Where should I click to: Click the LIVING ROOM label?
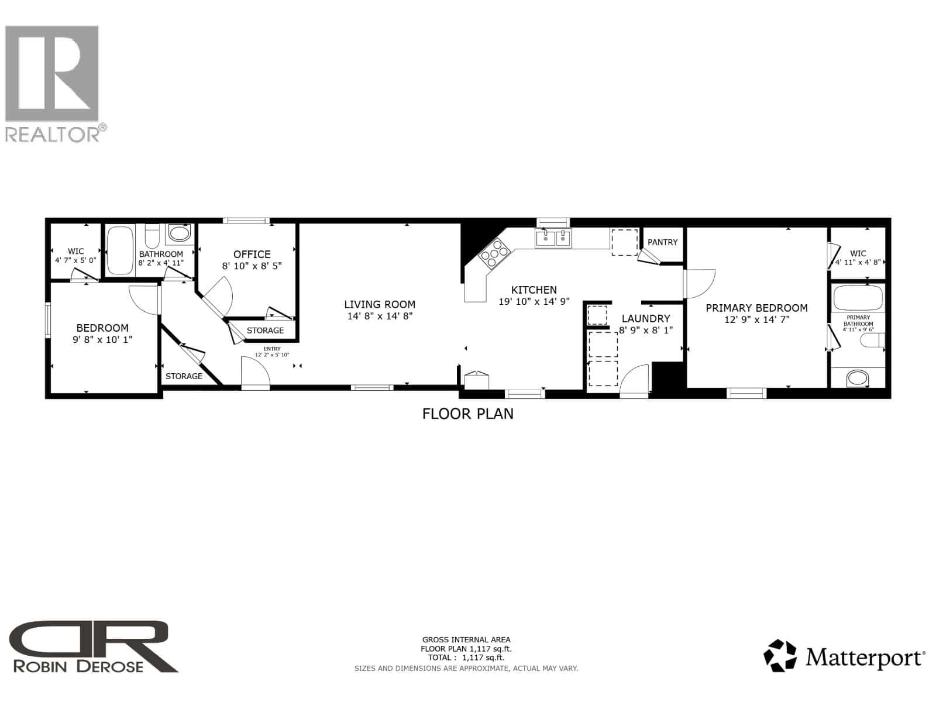[x=380, y=304]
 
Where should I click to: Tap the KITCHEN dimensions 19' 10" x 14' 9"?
[x=534, y=302]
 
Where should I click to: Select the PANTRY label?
[x=662, y=242]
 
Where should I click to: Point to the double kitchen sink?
[x=553, y=238]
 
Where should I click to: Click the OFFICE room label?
[x=252, y=254]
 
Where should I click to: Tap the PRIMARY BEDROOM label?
[x=756, y=308]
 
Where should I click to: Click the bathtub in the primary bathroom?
[x=857, y=298]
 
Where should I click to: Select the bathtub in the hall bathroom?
[x=121, y=250]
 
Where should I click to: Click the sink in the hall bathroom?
[x=179, y=235]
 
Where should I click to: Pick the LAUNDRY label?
[x=646, y=319]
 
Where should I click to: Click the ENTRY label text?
[x=272, y=349]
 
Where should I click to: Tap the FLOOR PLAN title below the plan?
[x=467, y=414]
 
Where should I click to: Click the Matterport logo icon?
[x=781, y=656]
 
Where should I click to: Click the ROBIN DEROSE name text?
[x=78, y=666]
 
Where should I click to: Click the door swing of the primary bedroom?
[x=700, y=280]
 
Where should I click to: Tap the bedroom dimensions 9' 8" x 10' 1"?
[x=102, y=339]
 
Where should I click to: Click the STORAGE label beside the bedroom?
[x=184, y=376]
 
